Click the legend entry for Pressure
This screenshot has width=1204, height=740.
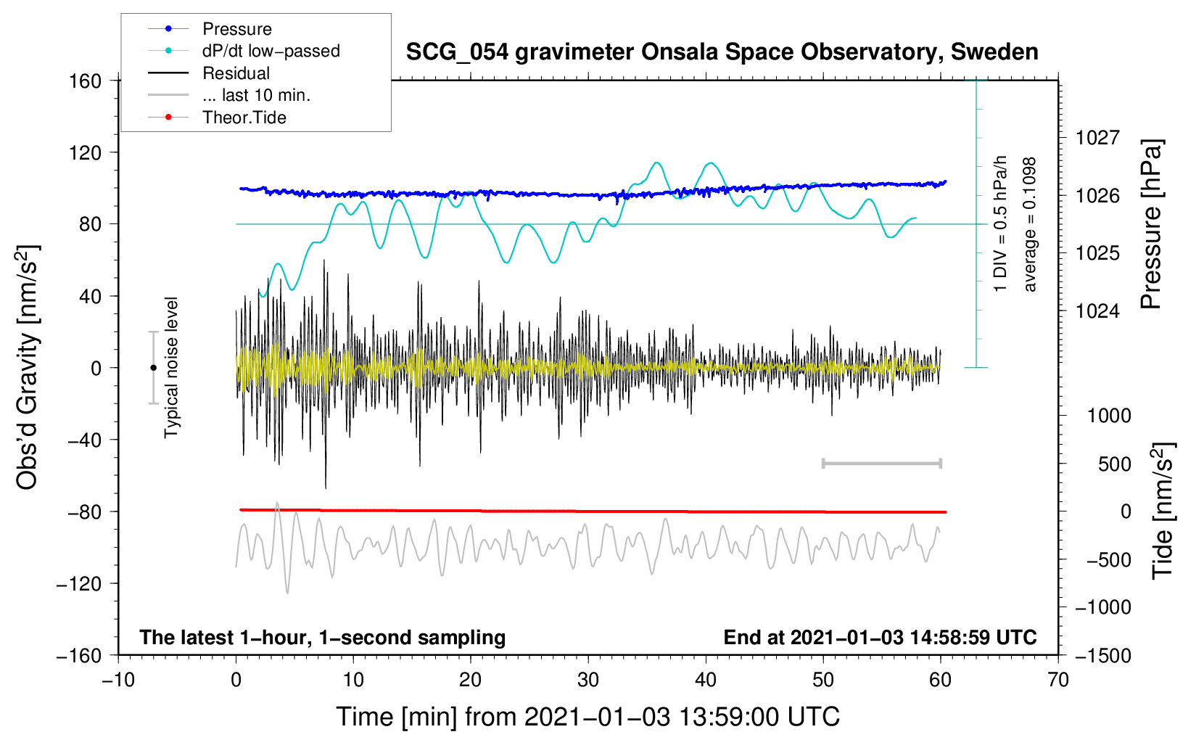click(x=236, y=29)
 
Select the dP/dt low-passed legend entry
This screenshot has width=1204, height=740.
click(x=271, y=51)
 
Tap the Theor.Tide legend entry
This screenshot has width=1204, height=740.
click(x=244, y=118)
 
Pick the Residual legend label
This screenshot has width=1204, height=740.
click(x=236, y=73)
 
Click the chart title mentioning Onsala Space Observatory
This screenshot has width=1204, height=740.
click(x=722, y=52)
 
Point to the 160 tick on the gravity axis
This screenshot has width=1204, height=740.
click(x=86, y=81)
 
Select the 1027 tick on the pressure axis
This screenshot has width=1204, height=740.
click(x=1097, y=138)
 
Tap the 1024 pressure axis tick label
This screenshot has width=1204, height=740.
click(x=1097, y=311)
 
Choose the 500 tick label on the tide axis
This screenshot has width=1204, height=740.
click(x=1114, y=464)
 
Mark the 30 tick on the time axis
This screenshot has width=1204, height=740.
click(x=588, y=680)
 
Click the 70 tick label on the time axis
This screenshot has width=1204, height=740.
click(x=1058, y=680)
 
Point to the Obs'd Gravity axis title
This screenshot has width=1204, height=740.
click(x=28, y=367)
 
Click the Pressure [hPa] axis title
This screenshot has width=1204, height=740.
click(x=1152, y=225)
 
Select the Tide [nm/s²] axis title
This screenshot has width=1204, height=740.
click(x=1163, y=511)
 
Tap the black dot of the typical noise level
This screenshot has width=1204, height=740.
click(x=153, y=368)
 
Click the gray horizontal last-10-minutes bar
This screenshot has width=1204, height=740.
click(x=881, y=463)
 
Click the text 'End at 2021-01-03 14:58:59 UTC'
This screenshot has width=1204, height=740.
click(x=880, y=638)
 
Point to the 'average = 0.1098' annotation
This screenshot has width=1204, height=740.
click(x=1029, y=225)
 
